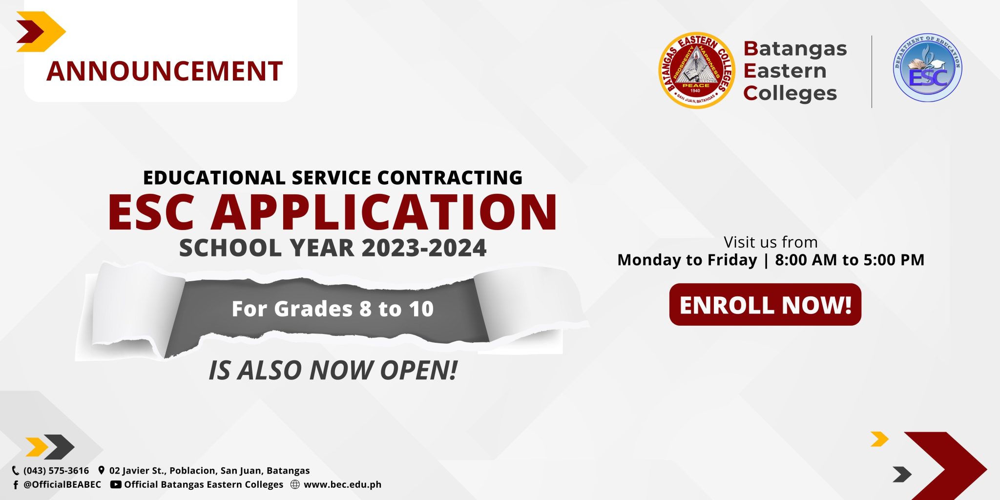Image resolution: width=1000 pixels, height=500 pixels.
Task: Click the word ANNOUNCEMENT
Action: click(165, 71)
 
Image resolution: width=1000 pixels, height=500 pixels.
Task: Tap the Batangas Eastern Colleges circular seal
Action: click(696, 71)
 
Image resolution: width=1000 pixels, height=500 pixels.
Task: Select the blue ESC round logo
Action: click(927, 68)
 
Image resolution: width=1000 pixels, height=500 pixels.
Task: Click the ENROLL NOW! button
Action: click(765, 305)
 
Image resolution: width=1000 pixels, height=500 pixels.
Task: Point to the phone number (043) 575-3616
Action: click(56, 471)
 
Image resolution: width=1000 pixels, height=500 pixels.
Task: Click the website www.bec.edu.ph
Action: click(342, 485)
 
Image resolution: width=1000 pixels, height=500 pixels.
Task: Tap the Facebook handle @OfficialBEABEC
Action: click(62, 485)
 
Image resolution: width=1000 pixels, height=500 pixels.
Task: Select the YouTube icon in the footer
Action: click(116, 485)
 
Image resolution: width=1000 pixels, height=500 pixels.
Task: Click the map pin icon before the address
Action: click(101, 471)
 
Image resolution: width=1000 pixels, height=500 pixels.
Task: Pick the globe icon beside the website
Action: click(295, 485)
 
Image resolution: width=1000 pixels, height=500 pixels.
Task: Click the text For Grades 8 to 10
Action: click(333, 309)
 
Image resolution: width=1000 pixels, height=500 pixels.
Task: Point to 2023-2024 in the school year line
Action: click(424, 248)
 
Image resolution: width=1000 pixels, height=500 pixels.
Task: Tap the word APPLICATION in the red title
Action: click(384, 212)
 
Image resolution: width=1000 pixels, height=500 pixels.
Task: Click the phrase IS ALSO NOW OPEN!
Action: click(333, 370)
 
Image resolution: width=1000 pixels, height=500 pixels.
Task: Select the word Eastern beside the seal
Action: click(785, 71)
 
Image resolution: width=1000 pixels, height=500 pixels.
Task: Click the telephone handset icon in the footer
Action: click(16, 471)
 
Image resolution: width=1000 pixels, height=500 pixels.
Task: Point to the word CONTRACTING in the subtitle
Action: click(450, 178)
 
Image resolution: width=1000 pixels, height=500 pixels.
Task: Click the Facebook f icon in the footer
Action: click(16, 485)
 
